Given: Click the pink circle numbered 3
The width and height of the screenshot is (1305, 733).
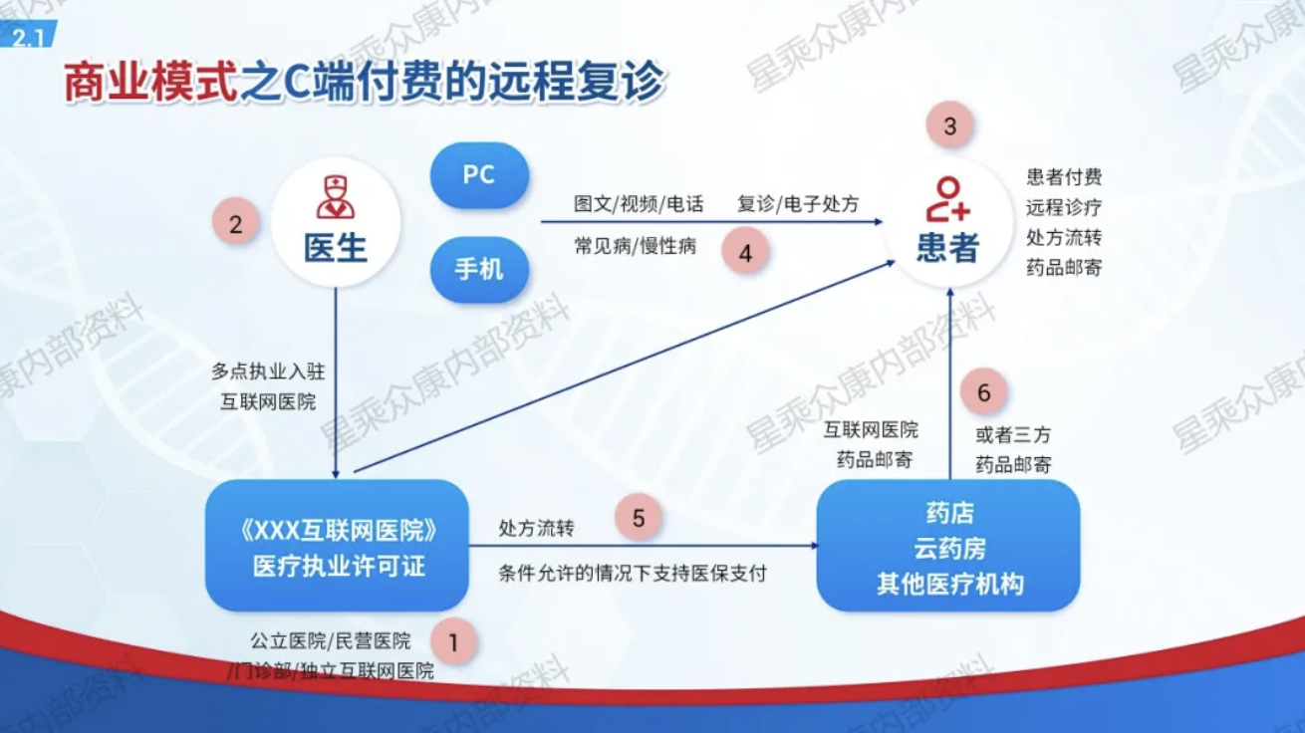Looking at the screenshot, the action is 949,125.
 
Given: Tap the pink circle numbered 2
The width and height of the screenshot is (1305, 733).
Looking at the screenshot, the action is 235,224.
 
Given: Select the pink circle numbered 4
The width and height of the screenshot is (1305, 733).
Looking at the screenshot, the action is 745,253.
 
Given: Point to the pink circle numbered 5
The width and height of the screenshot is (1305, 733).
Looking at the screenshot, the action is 639,518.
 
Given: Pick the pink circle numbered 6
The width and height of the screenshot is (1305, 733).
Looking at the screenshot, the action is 984,391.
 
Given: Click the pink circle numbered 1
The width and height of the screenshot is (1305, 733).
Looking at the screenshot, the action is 453,642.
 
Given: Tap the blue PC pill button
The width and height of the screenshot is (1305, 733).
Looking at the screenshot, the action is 479,174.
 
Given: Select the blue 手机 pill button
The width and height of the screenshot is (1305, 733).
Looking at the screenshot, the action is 479,270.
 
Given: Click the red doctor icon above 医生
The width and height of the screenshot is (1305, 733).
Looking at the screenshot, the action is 336,197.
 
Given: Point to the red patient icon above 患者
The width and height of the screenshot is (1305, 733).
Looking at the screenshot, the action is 948,199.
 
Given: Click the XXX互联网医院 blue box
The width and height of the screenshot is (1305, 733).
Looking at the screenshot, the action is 337,546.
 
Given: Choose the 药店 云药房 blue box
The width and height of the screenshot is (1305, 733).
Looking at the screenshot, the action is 948,546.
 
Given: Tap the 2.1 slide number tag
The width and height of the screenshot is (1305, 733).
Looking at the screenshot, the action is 28,35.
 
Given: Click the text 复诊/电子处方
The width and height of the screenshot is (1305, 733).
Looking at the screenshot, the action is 798,204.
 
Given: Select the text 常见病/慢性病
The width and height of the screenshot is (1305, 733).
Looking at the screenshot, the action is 635,246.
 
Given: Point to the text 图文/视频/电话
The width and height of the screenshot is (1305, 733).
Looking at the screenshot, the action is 639,204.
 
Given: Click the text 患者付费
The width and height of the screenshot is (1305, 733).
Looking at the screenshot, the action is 1064,177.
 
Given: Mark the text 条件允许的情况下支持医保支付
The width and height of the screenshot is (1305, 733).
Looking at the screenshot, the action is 633,574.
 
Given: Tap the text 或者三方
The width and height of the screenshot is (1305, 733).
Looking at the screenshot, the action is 1013,434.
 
